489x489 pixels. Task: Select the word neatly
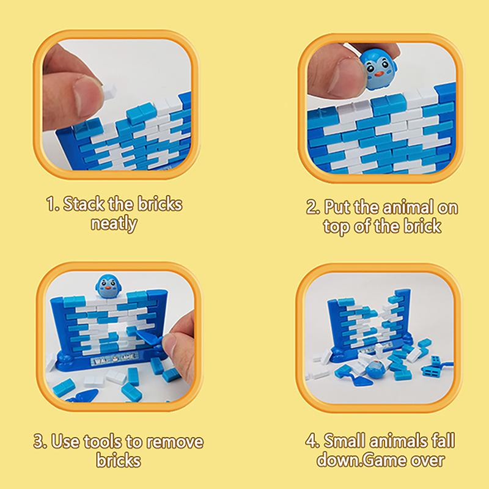tap(114, 223)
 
